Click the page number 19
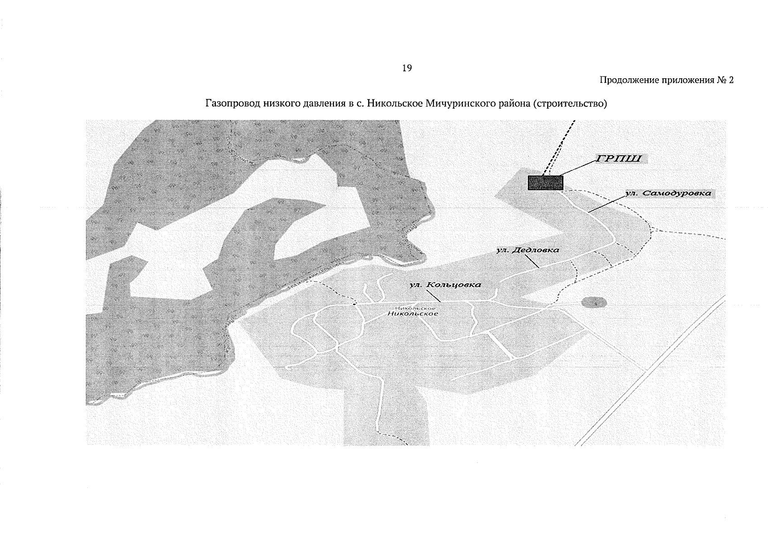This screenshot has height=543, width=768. (x=406, y=68)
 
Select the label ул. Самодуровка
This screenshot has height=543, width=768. (x=668, y=193)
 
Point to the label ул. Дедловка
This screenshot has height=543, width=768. (x=528, y=250)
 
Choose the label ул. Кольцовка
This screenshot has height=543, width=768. (x=445, y=285)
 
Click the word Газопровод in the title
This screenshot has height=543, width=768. (x=229, y=104)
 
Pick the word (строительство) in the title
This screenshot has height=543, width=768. (x=570, y=104)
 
